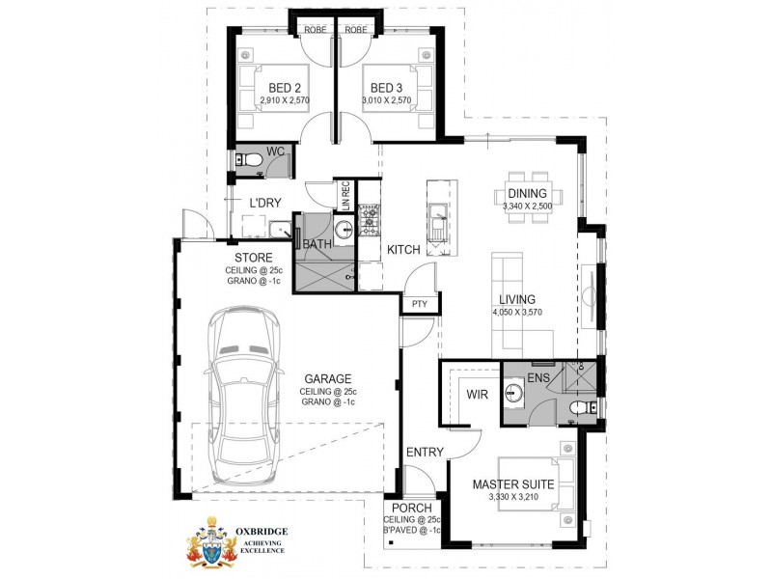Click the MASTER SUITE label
(512, 485)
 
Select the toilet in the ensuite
(581, 410)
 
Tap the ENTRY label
(425, 453)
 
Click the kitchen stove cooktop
(369, 221)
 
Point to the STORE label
(253, 257)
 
